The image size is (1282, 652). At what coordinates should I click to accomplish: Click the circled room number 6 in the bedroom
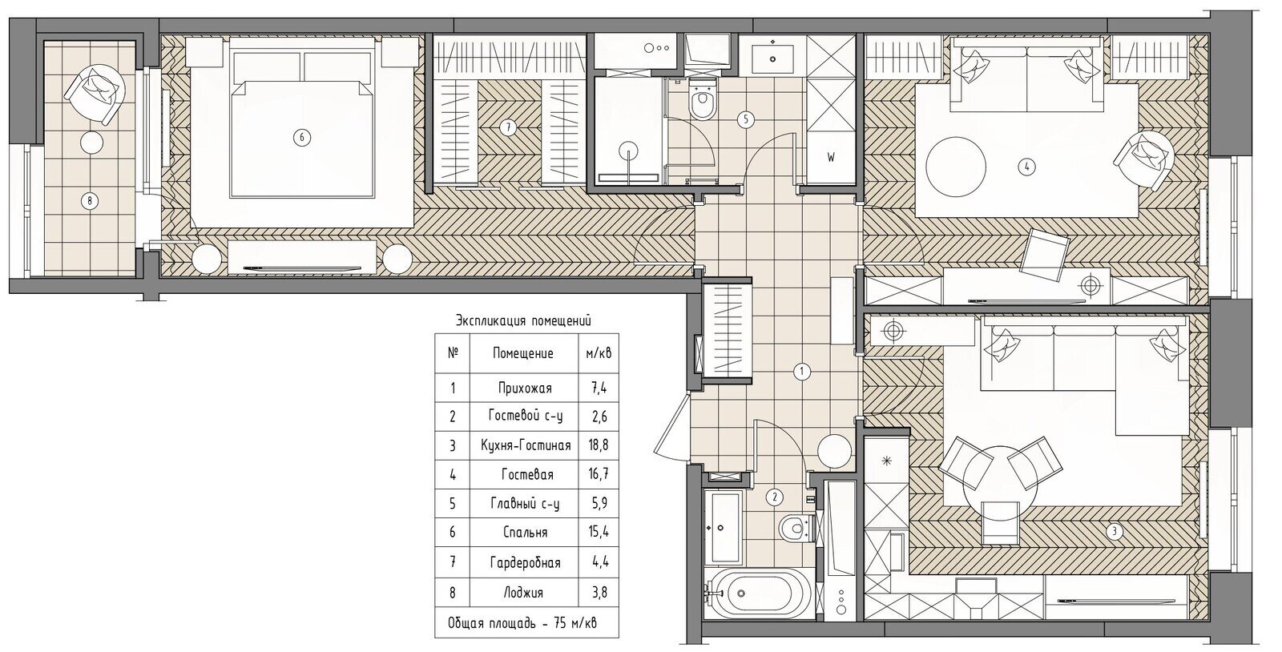(x=301, y=137)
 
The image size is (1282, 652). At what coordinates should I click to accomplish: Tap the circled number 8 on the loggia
(x=90, y=201)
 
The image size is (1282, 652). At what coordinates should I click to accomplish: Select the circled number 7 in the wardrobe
(x=508, y=127)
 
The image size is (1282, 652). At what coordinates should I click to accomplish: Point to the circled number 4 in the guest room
(x=1027, y=167)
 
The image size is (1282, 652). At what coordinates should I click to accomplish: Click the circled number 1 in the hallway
(x=802, y=372)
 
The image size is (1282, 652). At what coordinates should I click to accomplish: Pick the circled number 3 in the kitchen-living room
(x=1115, y=532)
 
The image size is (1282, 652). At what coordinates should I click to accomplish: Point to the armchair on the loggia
(x=95, y=93)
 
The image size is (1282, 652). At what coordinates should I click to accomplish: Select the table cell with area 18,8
(x=598, y=445)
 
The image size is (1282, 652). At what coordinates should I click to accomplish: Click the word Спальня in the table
(x=526, y=533)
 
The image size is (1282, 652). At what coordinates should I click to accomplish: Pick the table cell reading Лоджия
(x=524, y=593)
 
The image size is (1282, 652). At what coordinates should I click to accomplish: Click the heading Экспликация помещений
(x=523, y=321)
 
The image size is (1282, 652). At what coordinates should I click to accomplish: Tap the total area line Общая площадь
(x=522, y=623)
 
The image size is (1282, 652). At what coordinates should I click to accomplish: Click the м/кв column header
(x=599, y=353)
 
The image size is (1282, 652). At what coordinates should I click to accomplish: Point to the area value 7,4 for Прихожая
(x=599, y=388)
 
